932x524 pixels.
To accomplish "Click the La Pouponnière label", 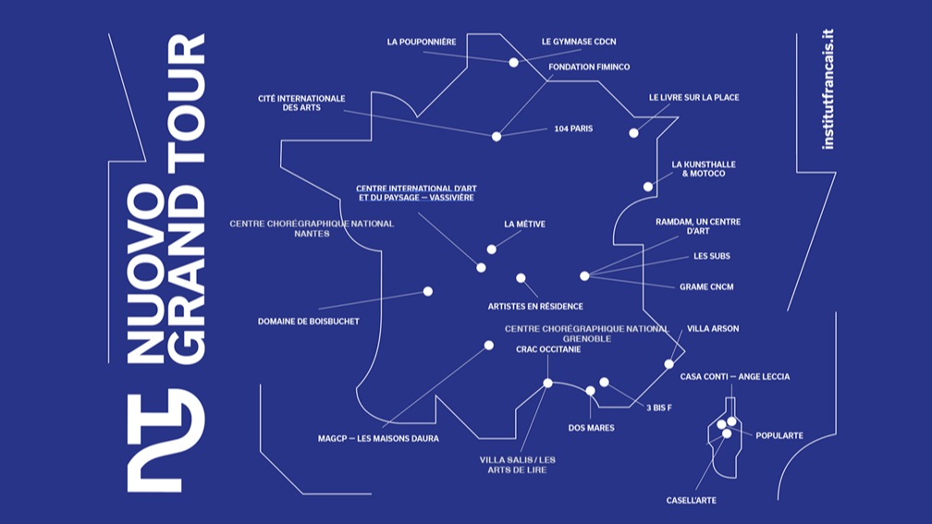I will point(421,42).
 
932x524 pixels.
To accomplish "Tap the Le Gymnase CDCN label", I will point(579,42).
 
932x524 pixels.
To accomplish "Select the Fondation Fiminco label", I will point(589,67).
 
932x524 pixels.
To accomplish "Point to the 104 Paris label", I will point(573,128).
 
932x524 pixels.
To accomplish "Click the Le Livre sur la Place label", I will point(693,97).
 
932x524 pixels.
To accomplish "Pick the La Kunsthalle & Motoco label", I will point(704,169).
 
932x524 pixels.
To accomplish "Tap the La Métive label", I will point(523,224).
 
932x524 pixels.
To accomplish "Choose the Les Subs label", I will point(712,256).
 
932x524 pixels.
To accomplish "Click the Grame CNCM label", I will point(706,286).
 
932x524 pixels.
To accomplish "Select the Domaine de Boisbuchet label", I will point(308,322).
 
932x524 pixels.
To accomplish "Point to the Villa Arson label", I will point(713,328).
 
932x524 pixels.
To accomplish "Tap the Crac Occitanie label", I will point(548,349).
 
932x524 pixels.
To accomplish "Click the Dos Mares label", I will point(591,428).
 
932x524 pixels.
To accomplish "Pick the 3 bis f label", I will point(658,407).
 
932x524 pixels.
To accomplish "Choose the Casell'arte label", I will point(691,500).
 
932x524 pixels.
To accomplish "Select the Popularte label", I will point(779,435).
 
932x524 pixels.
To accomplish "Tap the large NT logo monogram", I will point(166,438).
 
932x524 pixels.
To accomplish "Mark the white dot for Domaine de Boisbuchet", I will point(428,291).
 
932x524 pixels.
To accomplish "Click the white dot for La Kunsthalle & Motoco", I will point(648,187).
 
